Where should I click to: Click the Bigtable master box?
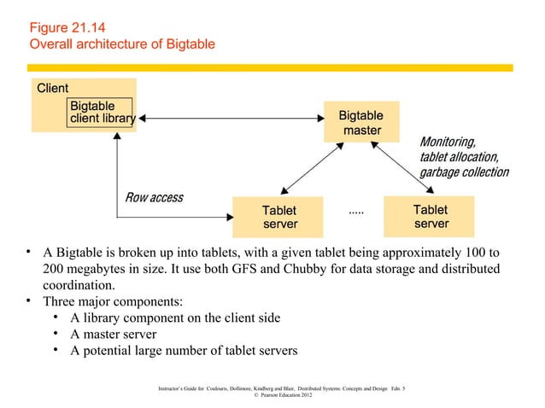360,123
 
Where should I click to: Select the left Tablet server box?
279,217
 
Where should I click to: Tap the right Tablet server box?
431,216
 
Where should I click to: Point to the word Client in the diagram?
52,88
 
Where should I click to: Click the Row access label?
154,198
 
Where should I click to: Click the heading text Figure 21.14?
67,27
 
